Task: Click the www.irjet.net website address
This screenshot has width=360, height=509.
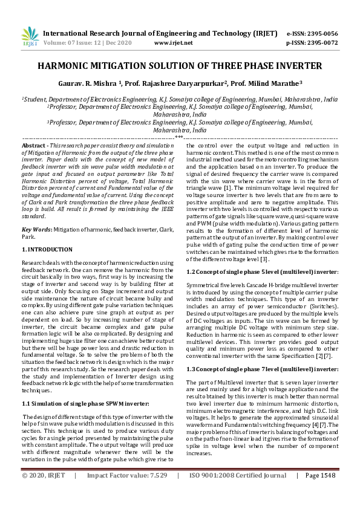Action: pyautogui.click(x=173, y=43)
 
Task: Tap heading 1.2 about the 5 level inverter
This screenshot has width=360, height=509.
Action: pyautogui.click(x=262, y=272)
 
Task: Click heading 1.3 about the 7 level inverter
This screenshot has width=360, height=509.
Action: pyautogui.click(x=262, y=352)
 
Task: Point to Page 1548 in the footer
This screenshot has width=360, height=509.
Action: pyautogui.click(x=320, y=492)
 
